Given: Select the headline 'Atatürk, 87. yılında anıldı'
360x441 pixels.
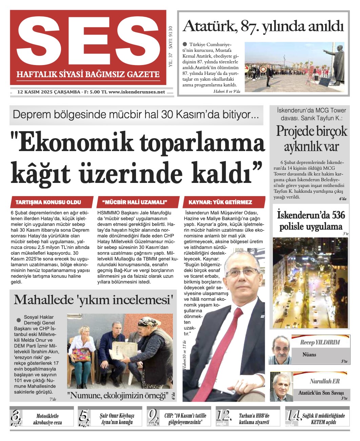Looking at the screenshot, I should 263,26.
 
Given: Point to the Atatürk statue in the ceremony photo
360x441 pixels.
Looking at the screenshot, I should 336,64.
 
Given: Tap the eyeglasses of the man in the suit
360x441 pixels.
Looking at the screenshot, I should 241,273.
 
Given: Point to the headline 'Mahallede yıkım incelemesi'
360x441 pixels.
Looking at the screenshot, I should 94,300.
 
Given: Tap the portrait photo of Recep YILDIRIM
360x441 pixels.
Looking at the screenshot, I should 280,350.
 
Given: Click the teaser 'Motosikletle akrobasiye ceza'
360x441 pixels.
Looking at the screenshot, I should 47,419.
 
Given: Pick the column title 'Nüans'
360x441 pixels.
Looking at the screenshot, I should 309,355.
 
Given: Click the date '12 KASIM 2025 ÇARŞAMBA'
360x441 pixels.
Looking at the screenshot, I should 49,92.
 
